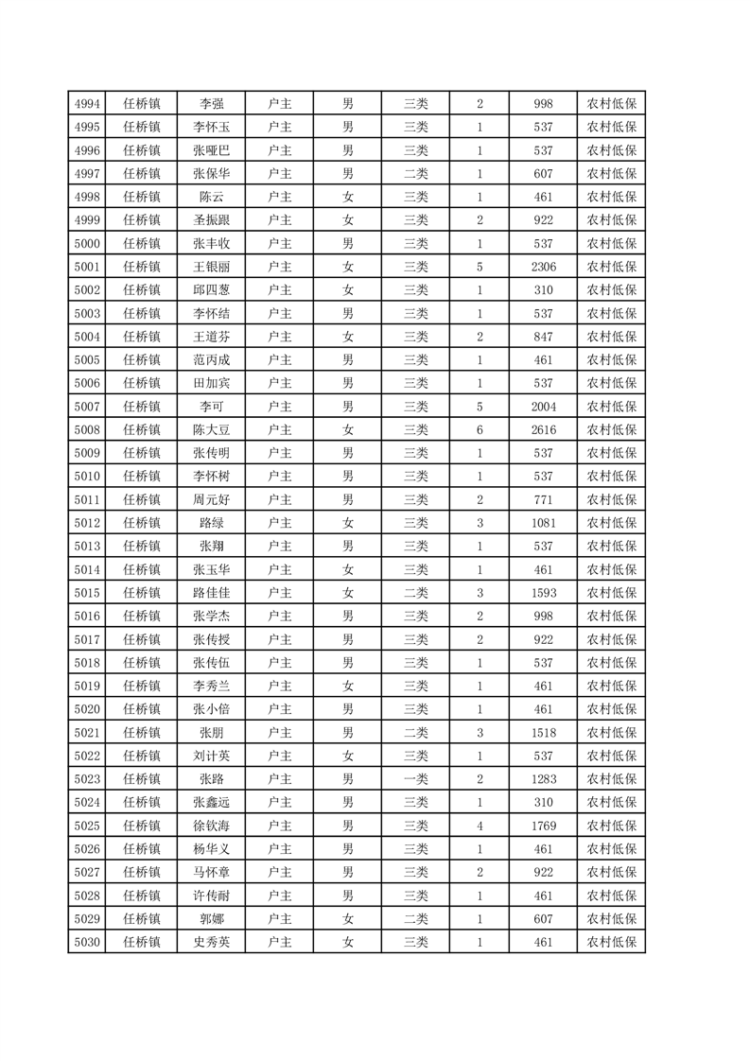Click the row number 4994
pos(86,104)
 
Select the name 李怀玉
pos(211,128)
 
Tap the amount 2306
pos(543,267)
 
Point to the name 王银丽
pos(211,267)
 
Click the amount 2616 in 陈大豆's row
pos(543,430)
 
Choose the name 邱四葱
pos(211,290)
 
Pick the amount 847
pos(543,337)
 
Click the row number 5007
pos(86,407)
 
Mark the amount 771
pos(543,499)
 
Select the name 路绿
pos(211,523)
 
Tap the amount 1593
pos(543,593)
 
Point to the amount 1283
pos(543,779)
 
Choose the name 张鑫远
pos(211,802)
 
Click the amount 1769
pos(543,826)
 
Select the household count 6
pos(480,430)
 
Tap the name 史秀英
pos(211,942)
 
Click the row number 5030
pos(86,942)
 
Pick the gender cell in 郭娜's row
pos(347,918)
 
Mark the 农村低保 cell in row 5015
pos(611,593)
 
